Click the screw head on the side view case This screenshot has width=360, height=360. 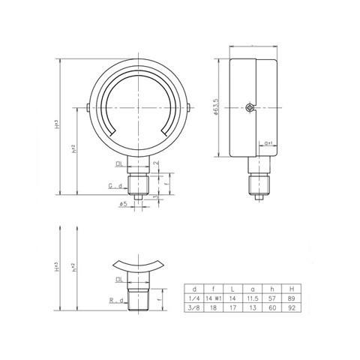click(249, 109)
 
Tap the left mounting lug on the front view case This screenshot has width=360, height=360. click(88, 109)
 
